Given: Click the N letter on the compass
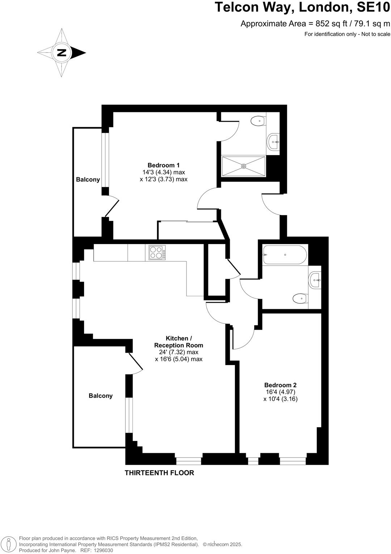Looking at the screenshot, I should (62, 53).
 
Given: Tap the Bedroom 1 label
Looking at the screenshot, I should (163, 165).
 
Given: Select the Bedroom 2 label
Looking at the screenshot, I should (280, 385).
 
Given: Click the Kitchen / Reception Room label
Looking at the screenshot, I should (178, 342).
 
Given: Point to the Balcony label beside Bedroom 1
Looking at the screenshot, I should (88, 179).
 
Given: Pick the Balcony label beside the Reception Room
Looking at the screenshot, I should (100, 396).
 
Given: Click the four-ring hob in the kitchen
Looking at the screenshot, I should (157, 252).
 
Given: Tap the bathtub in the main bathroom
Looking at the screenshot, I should (285, 255).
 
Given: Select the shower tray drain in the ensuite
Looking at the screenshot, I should (244, 166).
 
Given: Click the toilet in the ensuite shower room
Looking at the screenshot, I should (258, 121).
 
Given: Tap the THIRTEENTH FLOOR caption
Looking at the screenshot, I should (159, 473).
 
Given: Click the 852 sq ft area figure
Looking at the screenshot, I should (322, 24).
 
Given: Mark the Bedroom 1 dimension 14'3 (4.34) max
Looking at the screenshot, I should (164, 172).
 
